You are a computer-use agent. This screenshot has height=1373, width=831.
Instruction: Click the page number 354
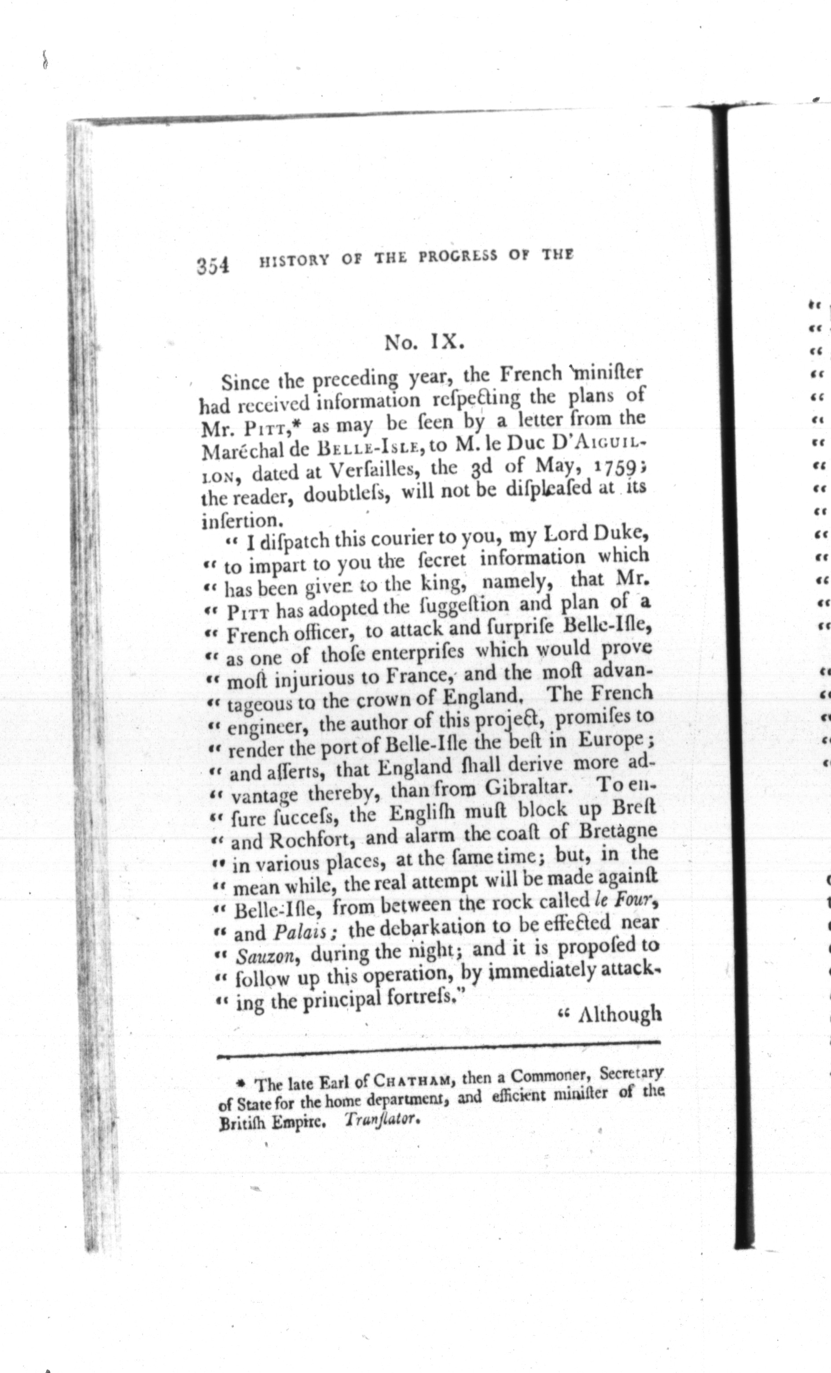213,264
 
